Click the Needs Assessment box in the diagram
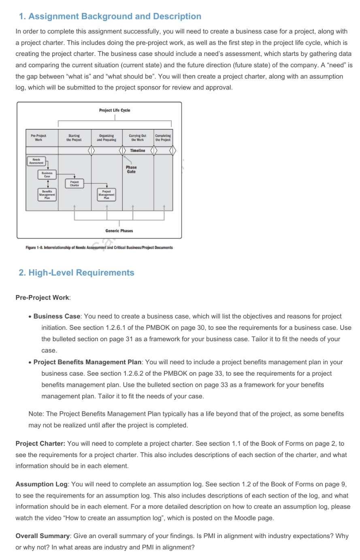(36, 161)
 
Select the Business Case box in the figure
(47, 175)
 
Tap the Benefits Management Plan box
(47, 194)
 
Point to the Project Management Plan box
(107, 194)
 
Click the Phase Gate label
(131, 169)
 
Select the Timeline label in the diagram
(138, 151)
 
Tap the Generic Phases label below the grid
(119, 231)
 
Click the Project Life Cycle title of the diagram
(115, 110)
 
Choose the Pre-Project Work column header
(38, 138)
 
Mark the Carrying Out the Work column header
(138, 138)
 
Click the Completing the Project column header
(163, 138)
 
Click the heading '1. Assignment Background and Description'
(110, 17)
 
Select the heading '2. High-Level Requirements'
(77, 273)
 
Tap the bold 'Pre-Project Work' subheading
(42, 297)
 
